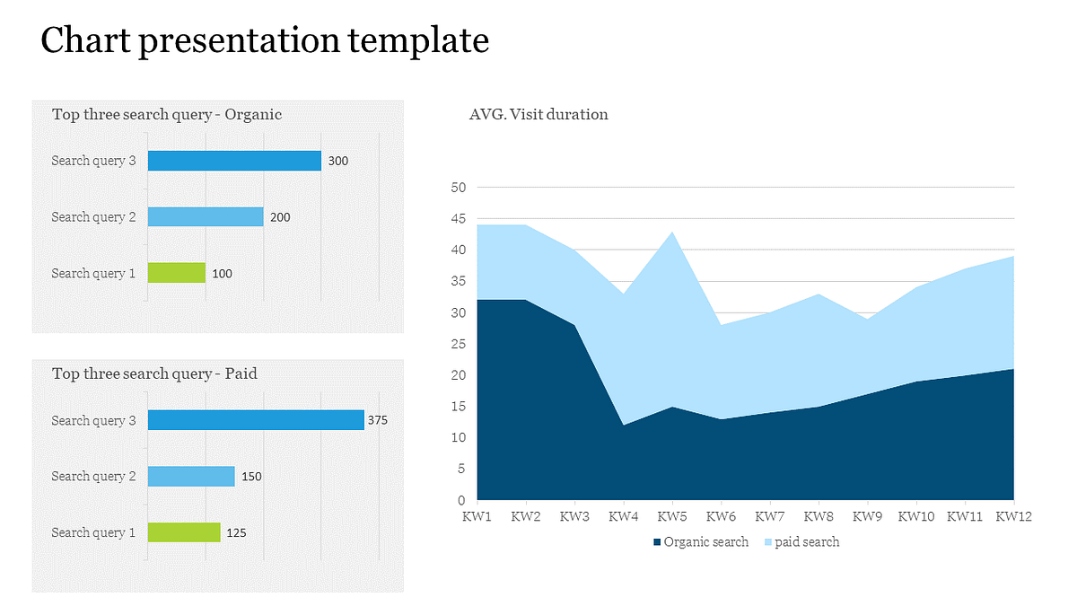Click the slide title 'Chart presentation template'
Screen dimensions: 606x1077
pyautogui.click(x=266, y=41)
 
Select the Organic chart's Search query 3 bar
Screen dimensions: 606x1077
pyautogui.click(x=234, y=161)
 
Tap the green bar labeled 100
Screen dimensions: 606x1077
pyautogui.click(x=177, y=273)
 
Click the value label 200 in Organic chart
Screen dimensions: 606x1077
pyautogui.click(x=280, y=217)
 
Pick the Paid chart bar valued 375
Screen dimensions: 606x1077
pyautogui.click(x=256, y=420)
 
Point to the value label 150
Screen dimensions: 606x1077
pyautogui.click(x=251, y=477)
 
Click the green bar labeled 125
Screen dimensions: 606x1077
pyautogui.click(x=184, y=532)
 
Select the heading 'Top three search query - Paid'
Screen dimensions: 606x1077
pyautogui.click(x=154, y=373)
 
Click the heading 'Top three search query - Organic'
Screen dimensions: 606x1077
pyautogui.click(x=167, y=114)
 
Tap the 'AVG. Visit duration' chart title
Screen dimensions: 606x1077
pyautogui.click(x=538, y=114)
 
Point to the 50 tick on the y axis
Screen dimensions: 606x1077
pyautogui.click(x=459, y=188)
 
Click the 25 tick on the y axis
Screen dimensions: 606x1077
pyautogui.click(x=459, y=344)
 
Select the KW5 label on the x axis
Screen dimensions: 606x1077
pyautogui.click(x=672, y=517)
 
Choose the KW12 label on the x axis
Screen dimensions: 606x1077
pyautogui.click(x=1014, y=517)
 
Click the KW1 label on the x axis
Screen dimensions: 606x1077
pyautogui.click(x=477, y=517)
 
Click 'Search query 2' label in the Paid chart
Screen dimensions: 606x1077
pyautogui.click(x=93, y=476)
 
